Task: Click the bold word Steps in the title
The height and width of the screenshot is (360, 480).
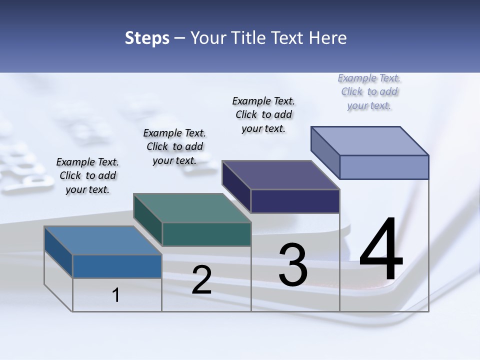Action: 147,38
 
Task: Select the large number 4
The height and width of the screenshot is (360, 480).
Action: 381,250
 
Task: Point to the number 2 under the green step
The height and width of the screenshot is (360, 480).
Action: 201,280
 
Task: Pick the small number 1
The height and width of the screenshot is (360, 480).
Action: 116,295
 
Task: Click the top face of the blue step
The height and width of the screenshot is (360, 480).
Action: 102,240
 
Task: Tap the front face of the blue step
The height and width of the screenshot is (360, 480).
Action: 117,266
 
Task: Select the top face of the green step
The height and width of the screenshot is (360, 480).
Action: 192,208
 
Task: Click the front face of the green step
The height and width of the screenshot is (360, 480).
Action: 206,234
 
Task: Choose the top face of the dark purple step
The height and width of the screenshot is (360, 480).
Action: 280,175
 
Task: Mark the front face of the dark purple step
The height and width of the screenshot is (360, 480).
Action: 295,201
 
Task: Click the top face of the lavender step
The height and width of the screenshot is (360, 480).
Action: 370,140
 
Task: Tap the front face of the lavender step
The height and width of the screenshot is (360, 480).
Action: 384,167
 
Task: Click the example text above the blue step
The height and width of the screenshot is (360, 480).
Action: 87,175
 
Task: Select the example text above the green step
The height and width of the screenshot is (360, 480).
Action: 174,146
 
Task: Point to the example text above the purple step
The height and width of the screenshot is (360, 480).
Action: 263,114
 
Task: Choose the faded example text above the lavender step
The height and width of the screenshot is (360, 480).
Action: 369,91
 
